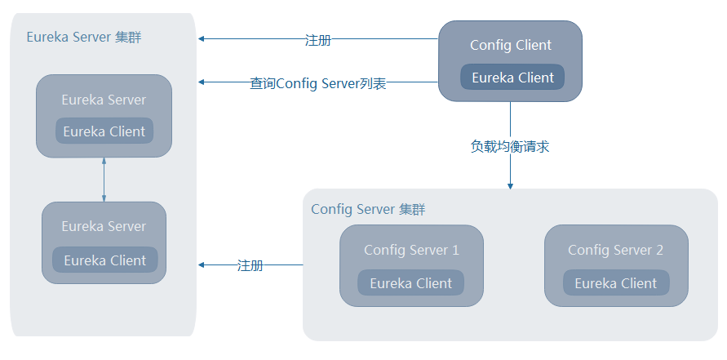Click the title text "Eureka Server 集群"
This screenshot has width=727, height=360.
pyautogui.click(x=84, y=38)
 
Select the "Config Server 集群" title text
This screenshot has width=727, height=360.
pyautogui.click(x=368, y=210)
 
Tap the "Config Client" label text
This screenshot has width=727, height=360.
pyautogui.click(x=511, y=46)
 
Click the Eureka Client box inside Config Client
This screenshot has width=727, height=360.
pyautogui.click(x=512, y=78)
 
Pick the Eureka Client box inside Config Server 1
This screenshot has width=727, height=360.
pyautogui.click(x=410, y=283)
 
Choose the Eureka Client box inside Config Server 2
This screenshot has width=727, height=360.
pyautogui.click(x=615, y=283)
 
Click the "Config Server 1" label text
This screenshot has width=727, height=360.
pyautogui.click(x=411, y=250)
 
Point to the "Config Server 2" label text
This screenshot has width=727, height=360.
pyautogui.click(x=615, y=250)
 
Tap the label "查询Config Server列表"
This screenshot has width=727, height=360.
pyautogui.click(x=317, y=83)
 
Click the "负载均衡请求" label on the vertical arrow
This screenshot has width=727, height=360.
pyautogui.click(x=510, y=147)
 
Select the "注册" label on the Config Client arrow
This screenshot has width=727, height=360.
pyautogui.click(x=317, y=39)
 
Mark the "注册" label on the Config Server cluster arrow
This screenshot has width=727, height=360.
pyautogui.click(x=250, y=265)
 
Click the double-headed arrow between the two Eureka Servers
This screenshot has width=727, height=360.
pyautogui.click(x=104, y=180)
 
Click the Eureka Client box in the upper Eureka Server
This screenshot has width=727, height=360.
pyautogui.click(x=104, y=131)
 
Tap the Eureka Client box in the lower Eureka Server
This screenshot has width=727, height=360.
pyautogui.click(x=104, y=260)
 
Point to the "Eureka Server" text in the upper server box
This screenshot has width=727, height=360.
pyautogui.click(x=104, y=100)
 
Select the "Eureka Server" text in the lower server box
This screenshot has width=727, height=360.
pyautogui.click(x=104, y=226)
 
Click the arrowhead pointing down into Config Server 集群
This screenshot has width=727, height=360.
pyautogui.click(x=510, y=185)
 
